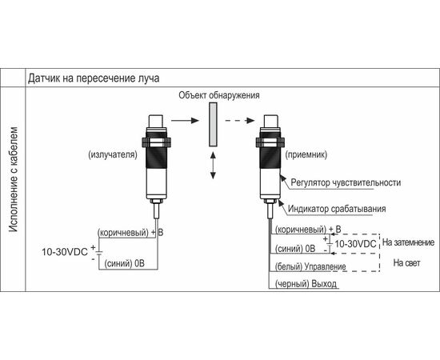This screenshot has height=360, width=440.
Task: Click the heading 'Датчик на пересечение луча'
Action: [94, 78]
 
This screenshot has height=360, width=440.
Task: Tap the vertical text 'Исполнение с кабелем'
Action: [14, 179]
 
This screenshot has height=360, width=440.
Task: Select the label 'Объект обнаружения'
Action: [219, 95]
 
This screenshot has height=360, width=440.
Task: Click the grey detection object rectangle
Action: [213, 124]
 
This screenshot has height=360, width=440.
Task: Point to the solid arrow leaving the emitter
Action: [185, 120]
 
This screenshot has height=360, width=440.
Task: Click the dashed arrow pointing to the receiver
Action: [240, 120]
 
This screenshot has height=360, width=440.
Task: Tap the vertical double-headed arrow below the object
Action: [213, 166]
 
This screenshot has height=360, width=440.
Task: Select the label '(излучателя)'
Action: [113, 154]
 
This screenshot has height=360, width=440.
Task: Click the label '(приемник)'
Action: [306, 154]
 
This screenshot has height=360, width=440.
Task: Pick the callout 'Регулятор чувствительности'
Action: [346, 182]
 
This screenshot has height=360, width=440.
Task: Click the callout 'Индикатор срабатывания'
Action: [337, 209]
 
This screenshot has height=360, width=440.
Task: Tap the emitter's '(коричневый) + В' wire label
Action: [130, 232]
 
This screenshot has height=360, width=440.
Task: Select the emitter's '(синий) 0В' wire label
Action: [125, 263]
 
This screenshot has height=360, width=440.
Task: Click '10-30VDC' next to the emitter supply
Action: [65, 252]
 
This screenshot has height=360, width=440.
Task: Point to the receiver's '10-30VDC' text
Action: [355, 244]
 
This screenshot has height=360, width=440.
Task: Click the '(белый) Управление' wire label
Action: [310, 266]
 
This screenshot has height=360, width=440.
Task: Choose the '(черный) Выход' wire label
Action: [306, 284]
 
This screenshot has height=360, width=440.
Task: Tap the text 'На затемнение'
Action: [408, 242]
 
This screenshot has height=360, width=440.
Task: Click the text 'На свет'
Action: [407, 263]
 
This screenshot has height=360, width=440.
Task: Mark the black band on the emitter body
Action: [157, 158]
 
